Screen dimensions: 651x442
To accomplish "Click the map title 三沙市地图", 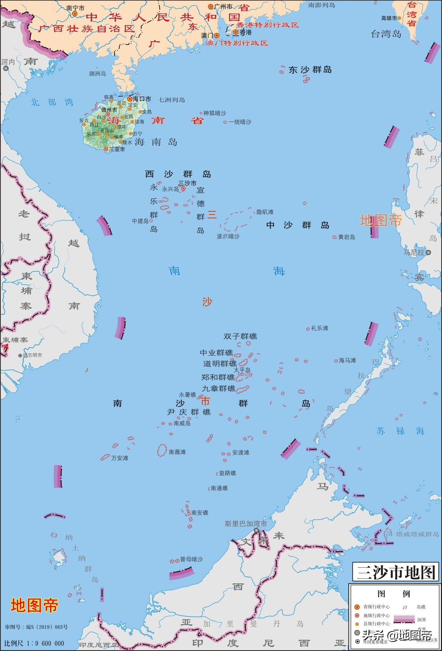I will (396, 572).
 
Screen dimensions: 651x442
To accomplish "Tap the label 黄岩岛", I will (346, 237).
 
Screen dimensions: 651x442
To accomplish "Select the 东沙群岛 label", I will (310, 70).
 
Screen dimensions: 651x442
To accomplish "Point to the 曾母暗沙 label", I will (191, 559).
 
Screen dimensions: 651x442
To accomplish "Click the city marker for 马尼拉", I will (428, 252).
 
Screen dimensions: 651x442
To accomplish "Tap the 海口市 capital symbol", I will (130, 99).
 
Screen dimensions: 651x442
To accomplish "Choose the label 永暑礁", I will (187, 395).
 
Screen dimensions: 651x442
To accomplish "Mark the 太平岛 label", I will (242, 370).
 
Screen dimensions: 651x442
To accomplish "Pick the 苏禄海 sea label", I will (400, 431).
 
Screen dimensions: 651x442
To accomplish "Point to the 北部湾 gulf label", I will (52, 102).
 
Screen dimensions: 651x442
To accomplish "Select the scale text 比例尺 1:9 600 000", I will (34, 643).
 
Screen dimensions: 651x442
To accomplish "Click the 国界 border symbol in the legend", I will (404, 619).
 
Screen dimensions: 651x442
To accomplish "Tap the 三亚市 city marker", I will (106, 149).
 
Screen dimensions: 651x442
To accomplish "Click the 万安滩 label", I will (120, 458).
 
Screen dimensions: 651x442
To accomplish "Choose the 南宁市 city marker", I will (75, 14).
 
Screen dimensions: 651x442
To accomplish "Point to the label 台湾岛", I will (386, 34).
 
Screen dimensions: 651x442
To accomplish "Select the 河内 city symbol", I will (6, 69).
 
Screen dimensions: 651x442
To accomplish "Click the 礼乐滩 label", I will (320, 328).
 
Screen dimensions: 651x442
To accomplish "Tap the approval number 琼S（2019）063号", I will (36, 627).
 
